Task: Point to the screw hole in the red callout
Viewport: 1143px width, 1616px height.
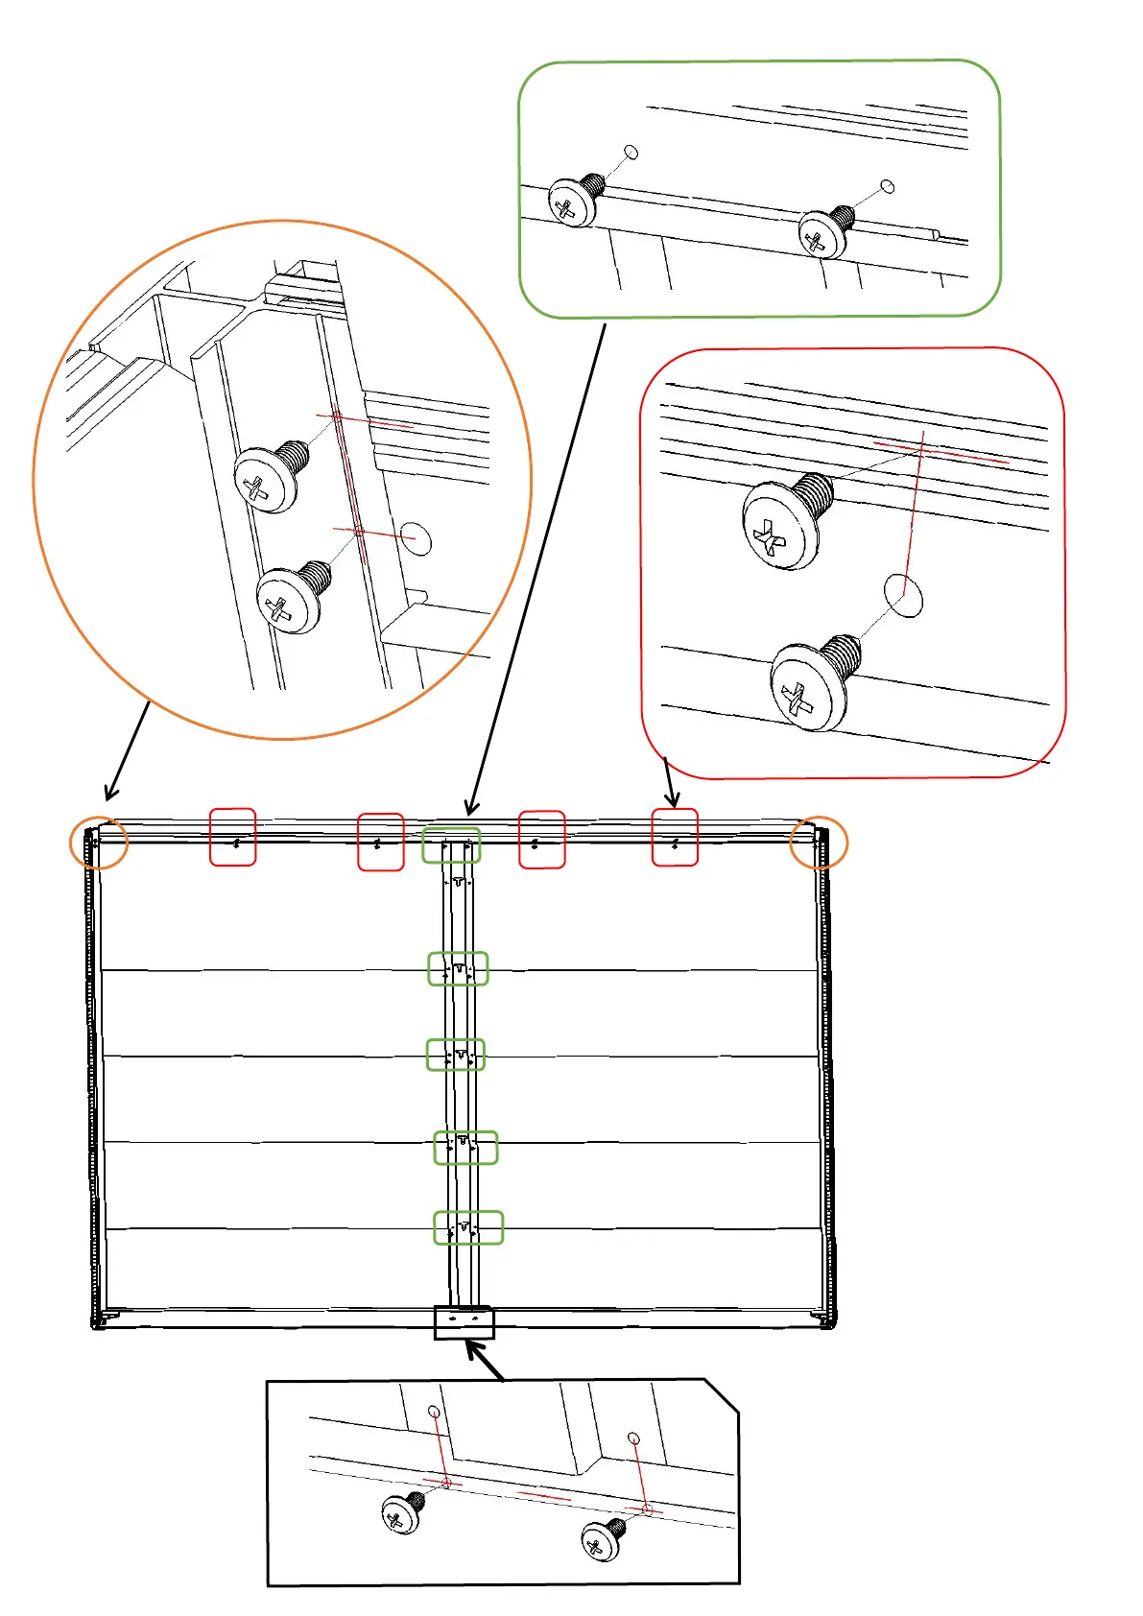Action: [903, 595]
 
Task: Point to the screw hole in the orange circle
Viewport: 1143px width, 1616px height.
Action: [416, 538]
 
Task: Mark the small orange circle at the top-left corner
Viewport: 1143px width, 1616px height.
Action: [99, 844]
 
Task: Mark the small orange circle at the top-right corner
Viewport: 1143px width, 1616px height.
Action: [819, 844]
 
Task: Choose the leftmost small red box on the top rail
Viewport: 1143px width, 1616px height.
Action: [233, 837]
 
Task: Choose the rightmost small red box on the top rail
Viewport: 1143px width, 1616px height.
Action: [675, 837]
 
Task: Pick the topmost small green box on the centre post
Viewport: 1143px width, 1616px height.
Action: [451, 845]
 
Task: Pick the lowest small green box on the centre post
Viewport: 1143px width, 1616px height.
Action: [468, 1227]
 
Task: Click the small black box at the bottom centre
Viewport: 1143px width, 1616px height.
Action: [464, 1322]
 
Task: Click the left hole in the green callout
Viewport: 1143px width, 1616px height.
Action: [631, 152]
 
